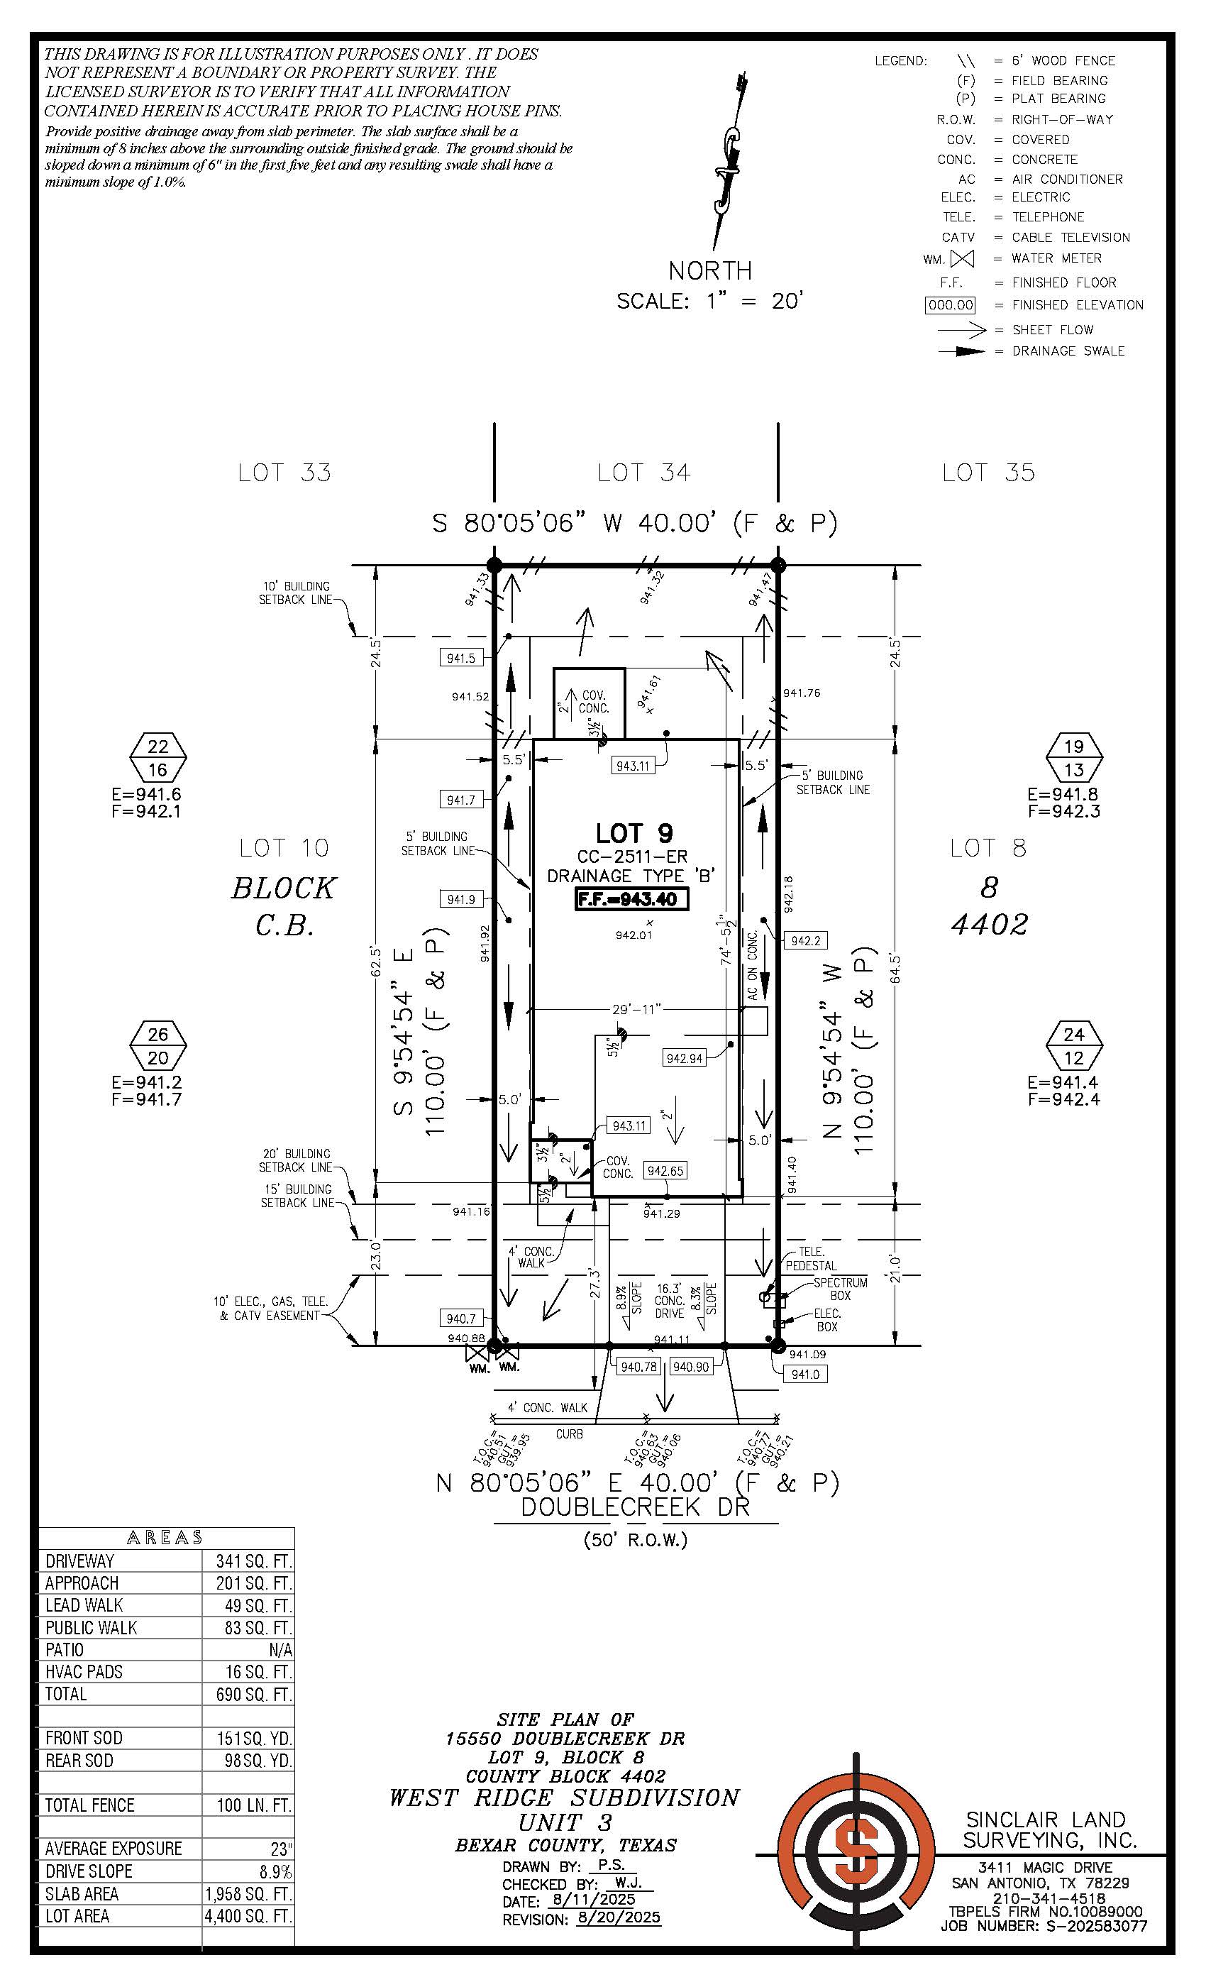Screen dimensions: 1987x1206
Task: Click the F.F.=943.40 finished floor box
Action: point(632,899)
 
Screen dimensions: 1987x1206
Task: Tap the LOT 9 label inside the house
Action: point(634,833)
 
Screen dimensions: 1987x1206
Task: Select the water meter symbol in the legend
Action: point(962,259)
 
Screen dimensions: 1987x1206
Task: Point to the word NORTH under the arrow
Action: point(710,270)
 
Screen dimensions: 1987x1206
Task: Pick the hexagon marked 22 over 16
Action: point(158,758)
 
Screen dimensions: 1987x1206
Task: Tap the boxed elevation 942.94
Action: point(685,1058)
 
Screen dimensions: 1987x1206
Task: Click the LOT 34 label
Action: point(643,473)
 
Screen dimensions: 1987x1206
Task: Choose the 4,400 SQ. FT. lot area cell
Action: point(248,1916)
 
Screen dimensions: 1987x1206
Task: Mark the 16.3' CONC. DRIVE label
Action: point(669,1301)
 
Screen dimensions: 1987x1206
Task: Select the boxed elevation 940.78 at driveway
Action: point(638,1366)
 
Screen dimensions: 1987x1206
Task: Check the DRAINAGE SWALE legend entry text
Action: point(1068,351)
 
